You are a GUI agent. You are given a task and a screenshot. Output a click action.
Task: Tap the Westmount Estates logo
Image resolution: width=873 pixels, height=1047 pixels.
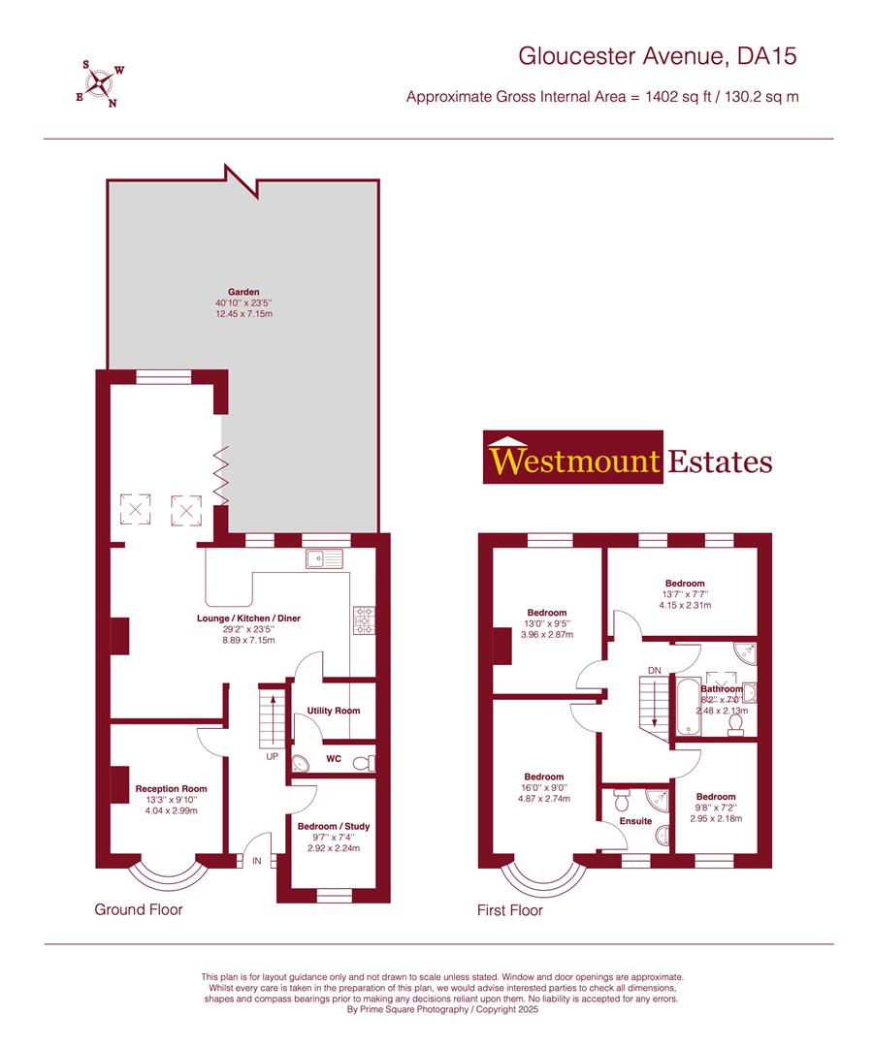pos(629,460)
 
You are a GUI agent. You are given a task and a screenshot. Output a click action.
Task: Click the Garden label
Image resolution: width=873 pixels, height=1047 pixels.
pos(243,291)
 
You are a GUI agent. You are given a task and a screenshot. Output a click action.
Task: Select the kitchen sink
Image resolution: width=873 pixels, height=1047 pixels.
pos(324,558)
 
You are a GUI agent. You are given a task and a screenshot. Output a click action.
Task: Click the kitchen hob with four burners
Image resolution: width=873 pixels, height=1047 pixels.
pos(366,621)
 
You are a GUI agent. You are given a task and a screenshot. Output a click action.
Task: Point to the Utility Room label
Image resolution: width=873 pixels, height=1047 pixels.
pos(333,711)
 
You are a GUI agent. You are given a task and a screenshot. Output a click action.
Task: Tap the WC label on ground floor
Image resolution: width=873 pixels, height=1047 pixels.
pos(333,758)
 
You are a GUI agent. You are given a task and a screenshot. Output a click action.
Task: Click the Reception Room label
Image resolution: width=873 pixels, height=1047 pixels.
pos(171,789)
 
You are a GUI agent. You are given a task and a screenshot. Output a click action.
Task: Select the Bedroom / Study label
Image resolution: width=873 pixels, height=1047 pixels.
pos(333,826)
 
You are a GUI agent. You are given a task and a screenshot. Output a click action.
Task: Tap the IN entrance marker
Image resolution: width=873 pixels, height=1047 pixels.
pos(257,860)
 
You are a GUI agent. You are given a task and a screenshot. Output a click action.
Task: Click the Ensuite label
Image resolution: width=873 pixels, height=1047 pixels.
pos(636,821)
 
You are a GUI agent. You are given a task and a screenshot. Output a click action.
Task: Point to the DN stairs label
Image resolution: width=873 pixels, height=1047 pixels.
pos(657,669)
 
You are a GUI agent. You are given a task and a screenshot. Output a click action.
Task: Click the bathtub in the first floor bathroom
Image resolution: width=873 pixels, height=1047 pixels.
pos(683,711)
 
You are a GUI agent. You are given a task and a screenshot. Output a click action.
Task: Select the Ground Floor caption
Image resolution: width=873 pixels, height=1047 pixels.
pos(138,909)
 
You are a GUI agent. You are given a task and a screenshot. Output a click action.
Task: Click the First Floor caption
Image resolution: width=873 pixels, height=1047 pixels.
pos(510,910)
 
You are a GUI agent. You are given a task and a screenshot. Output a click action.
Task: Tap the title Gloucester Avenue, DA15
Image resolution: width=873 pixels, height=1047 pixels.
pos(658,57)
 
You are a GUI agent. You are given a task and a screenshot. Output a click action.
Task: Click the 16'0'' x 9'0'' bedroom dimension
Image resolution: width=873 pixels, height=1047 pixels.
pos(544,788)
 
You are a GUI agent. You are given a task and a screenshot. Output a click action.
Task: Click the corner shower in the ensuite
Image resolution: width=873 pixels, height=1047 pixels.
pos(659,800)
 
